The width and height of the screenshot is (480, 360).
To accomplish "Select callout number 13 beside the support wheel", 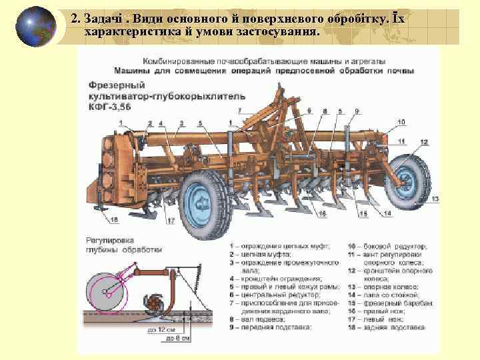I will point(435,199).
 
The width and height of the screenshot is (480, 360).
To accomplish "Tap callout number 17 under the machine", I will point(171,220).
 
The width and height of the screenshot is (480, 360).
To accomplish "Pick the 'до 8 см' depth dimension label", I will point(179,339).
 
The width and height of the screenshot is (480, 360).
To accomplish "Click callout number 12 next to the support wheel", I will point(425,143).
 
